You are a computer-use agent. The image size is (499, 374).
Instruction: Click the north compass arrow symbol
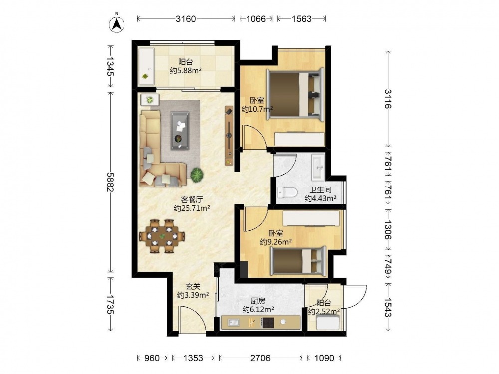click(x=117, y=23)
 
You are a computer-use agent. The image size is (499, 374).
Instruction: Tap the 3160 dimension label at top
click(x=186, y=19)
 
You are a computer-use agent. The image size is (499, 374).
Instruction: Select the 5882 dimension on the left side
click(x=110, y=182)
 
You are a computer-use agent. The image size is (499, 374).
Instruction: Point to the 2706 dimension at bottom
click(x=260, y=358)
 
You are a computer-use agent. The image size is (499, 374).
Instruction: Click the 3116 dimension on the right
click(x=388, y=99)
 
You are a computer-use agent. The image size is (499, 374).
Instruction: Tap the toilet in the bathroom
click(x=287, y=192)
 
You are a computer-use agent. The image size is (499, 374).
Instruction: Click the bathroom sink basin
click(x=318, y=167)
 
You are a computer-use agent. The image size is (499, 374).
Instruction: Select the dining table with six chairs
click(x=162, y=236)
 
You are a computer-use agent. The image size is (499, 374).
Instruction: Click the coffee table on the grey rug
click(x=180, y=130)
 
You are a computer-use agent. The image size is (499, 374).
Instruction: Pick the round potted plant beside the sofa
click(x=197, y=175)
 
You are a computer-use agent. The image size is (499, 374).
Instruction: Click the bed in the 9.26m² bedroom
click(x=298, y=261)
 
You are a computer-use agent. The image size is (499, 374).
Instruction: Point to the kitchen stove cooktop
click(x=267, y=323)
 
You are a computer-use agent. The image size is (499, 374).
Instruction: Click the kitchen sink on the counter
click(x=233, y=323)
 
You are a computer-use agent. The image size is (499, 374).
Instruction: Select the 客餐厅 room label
click(x=192, y=200)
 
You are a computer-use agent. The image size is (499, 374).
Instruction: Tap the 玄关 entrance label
click(x=193, y=286)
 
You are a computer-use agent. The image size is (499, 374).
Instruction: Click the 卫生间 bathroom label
click(x=321, y=190)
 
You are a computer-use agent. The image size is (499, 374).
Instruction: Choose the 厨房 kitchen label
click(x=258, y=301)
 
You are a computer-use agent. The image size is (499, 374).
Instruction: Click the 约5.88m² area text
click(x=186, y=71)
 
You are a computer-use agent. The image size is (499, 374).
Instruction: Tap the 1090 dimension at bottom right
click(x=324, y=358)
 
